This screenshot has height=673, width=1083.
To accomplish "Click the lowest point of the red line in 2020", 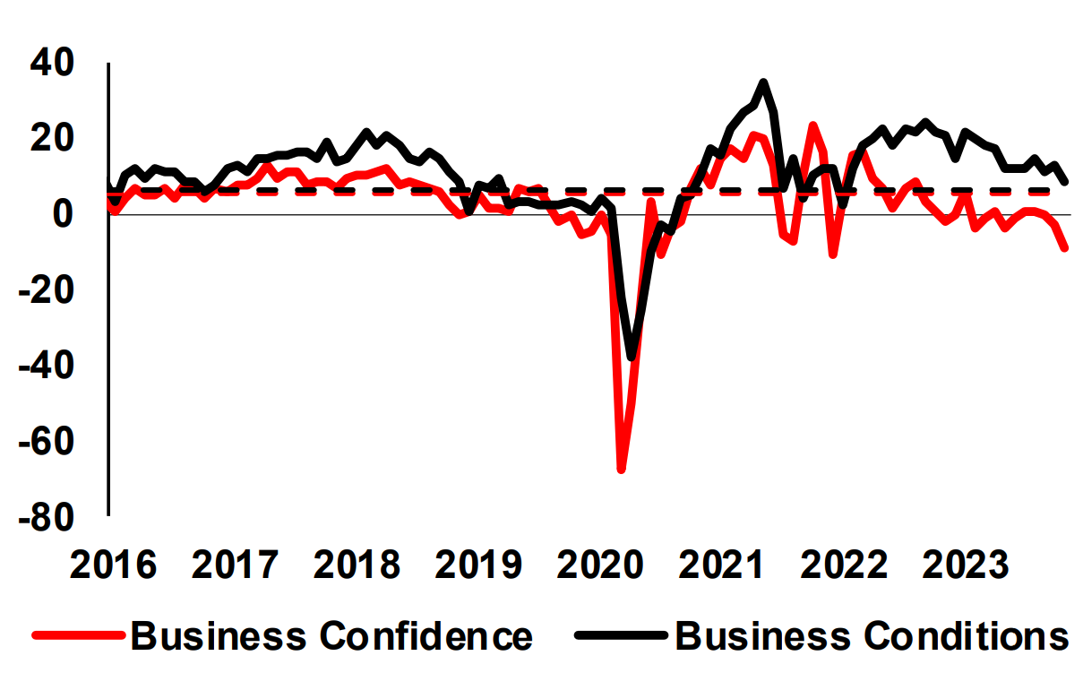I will [x=621, y=469].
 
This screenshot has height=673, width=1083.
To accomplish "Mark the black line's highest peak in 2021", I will [x=762, y=82].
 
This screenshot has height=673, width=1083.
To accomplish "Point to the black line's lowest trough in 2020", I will [x=632, y=357].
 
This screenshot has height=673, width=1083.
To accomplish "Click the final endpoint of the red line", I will [x=1065, y=248].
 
